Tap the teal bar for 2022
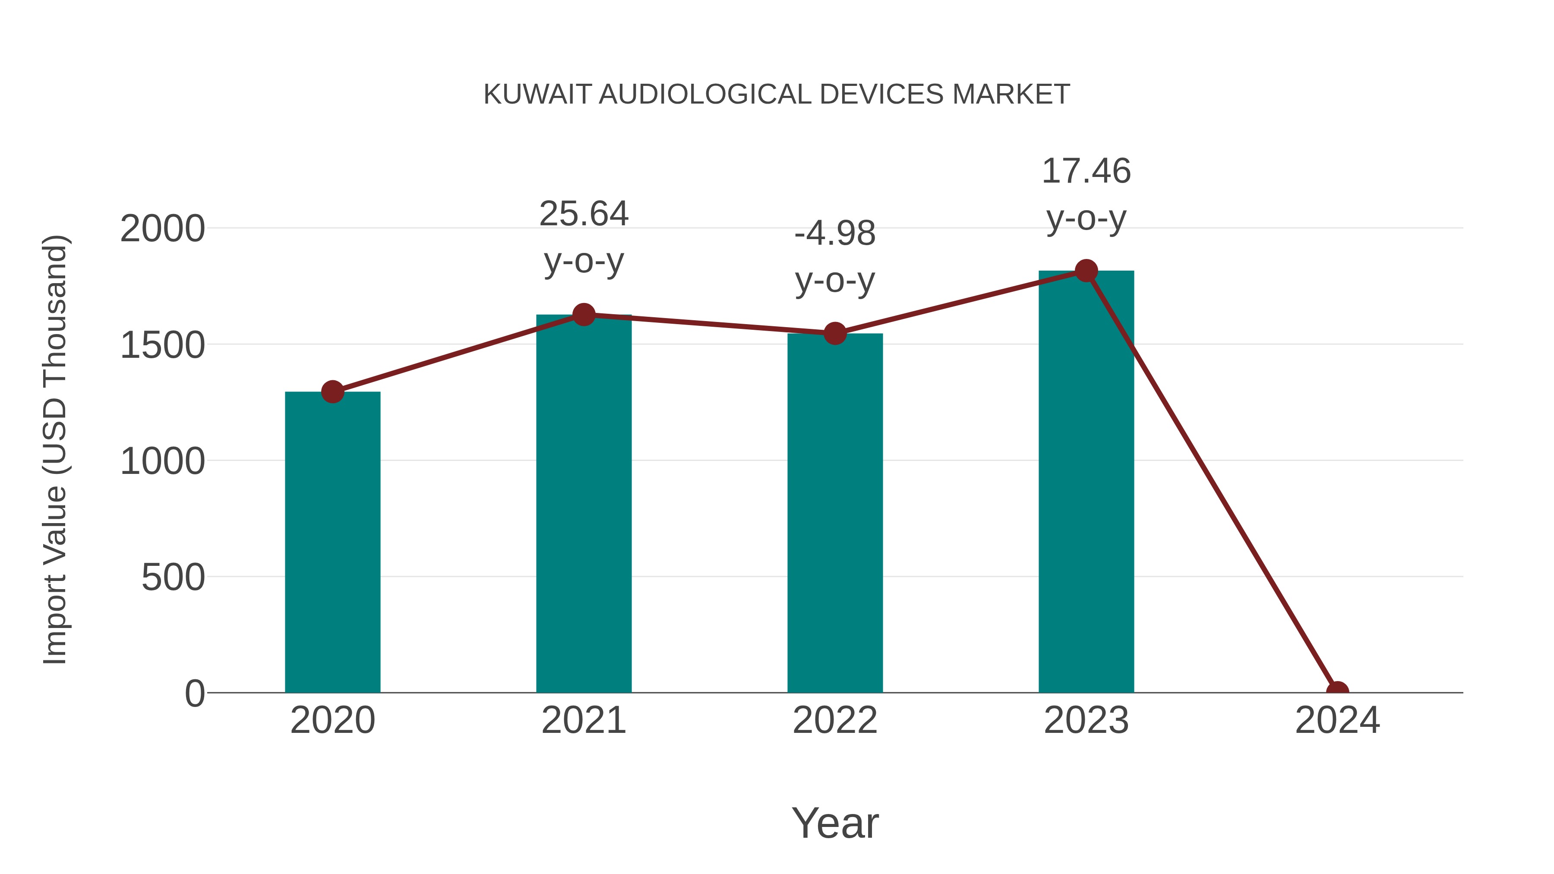(x=835, y=513)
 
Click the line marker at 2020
(x=332, y=392)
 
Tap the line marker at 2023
(x=1086, y=271)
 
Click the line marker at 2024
(x=1337, y=691)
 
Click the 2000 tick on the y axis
(x=162, y=229)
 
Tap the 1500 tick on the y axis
(x=162, y=346)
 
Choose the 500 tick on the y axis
(x=173, y=578)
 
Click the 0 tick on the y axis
(x=195, y=694)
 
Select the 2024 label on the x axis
(x=1337, y=720)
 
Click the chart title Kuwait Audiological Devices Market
(x=777, y=94)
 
